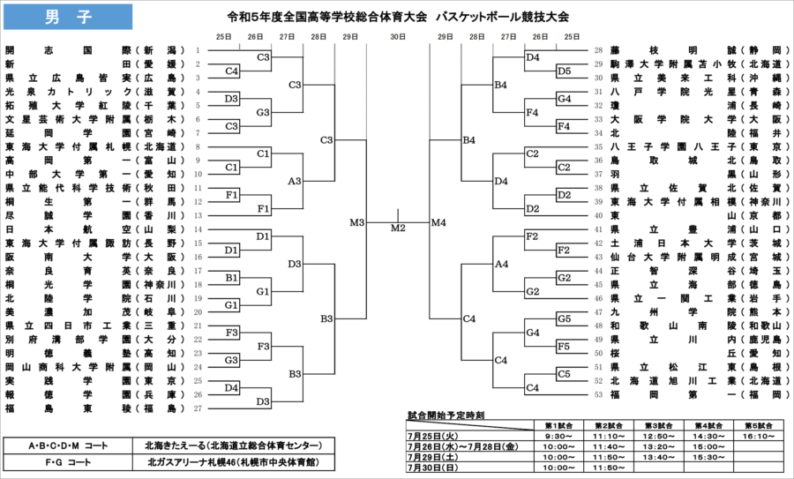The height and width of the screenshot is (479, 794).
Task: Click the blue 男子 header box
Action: (x=67, y=17)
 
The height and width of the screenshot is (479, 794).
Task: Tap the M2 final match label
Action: (x=398, y=228)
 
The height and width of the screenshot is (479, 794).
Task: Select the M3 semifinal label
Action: (x=356, y=222)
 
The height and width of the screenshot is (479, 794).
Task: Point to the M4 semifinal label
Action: (x=439, y=222)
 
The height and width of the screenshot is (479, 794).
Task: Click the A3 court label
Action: (x=295, y=181)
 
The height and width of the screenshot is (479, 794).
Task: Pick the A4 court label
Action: (x=501, y=264)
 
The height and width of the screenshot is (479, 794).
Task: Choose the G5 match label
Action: (x=564, y=318)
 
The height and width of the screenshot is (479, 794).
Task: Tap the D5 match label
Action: (x=564, y=71)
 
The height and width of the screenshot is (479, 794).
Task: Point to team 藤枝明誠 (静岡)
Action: (x=697, y=50)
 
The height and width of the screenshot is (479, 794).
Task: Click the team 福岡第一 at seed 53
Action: (x=697, y=394)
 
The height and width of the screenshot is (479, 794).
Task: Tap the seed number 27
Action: (x=198, y=408)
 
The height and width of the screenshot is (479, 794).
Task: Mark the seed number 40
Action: (x=598, y=215)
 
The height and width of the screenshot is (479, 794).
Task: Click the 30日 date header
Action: (x=398, y=36)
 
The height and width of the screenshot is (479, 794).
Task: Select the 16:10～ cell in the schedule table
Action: (x=755, y=435)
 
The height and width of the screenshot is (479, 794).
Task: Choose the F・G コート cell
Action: (x=67, y=461)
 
